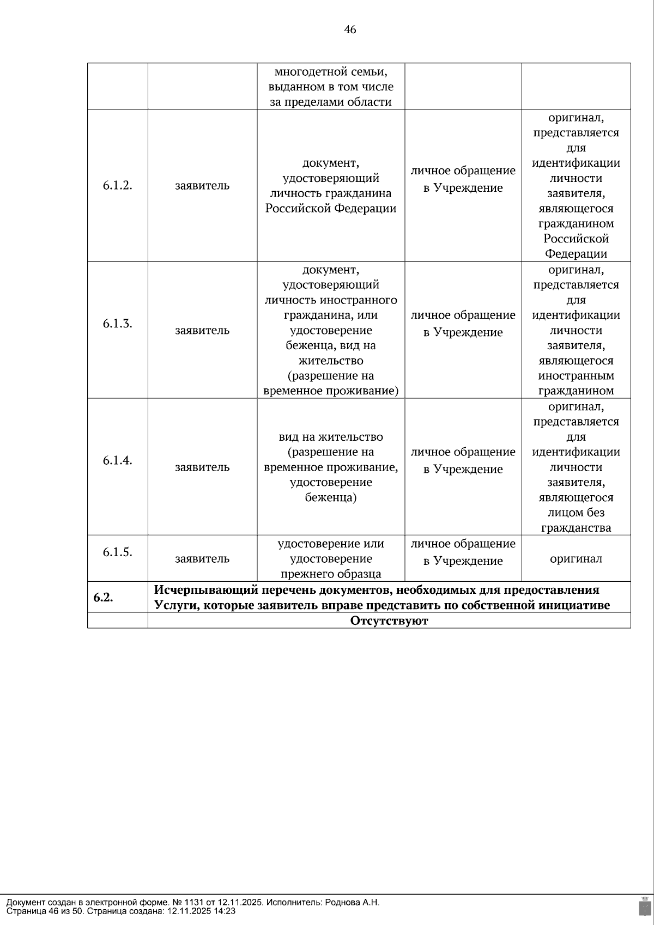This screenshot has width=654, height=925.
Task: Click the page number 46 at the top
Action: [x=350, y=30]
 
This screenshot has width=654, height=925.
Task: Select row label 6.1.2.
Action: [x=118, y=185]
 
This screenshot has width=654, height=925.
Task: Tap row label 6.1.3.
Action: [x=118, y=324]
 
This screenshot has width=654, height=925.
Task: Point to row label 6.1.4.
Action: [x=118, y=460]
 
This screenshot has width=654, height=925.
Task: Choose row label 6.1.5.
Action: [x=118, y=552]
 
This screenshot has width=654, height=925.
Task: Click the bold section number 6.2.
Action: [x=103, y=597]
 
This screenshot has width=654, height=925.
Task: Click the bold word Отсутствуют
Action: [x=389, y=620]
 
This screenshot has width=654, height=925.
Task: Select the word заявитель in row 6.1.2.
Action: [x=202, y=186]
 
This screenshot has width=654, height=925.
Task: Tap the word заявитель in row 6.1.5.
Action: [x=202, y=559]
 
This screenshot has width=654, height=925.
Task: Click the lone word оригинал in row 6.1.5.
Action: [x=576, y=559]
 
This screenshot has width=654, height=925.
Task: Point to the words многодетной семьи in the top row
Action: [x=331, y=71]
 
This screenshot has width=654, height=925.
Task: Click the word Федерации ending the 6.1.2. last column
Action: [x=576, y=254]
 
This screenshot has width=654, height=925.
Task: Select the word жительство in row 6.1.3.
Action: [x=331, y=361]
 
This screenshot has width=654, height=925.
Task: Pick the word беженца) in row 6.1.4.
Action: [x=331, y=497]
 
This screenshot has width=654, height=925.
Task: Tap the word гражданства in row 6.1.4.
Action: [x=576, y=528]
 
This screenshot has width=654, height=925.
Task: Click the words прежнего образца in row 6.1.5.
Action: [x=331, y=574]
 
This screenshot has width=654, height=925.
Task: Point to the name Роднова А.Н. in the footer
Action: [x=352, y=902]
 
